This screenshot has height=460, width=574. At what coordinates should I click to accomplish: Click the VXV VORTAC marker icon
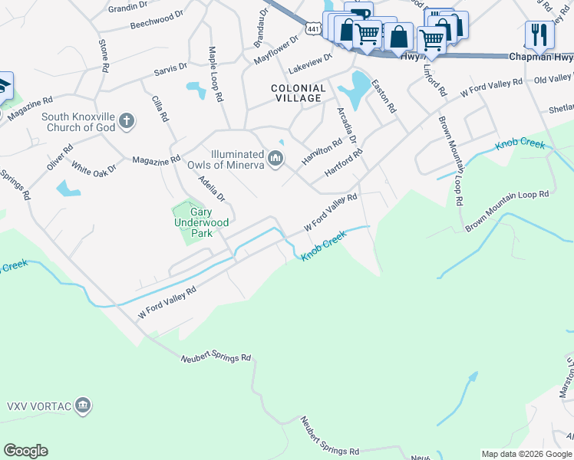pos(84,404)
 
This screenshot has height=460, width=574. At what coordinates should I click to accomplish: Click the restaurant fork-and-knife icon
pos(539,34)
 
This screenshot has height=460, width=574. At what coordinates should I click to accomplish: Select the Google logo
pos(25,451)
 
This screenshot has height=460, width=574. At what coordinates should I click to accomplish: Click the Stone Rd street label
pos(104,53)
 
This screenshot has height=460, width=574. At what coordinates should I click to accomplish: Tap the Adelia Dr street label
pos(211,188)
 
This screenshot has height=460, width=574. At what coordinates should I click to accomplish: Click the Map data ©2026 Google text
pos(526,454)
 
